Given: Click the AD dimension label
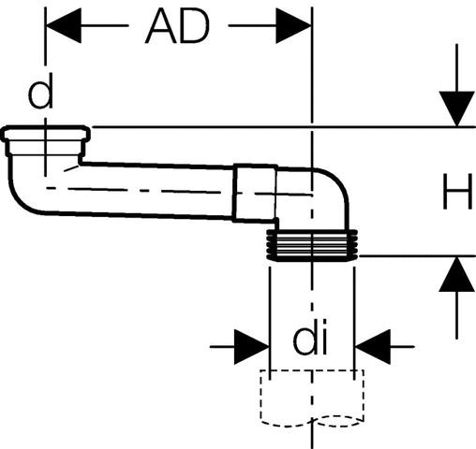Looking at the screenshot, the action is pos(177,26).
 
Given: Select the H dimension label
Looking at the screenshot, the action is pos(457,192).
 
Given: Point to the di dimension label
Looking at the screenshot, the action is pos(310,337).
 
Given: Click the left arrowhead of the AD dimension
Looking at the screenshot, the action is pos(64,25).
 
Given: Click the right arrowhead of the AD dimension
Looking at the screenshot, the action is pos(293,25).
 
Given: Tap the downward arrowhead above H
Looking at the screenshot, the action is pos(457,109).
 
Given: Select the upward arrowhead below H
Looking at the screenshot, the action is pos(457,274).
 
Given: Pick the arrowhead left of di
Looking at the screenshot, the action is pos(252,346).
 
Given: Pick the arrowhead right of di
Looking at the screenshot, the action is pos(373,346).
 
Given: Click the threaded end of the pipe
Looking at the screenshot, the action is pos(312,245).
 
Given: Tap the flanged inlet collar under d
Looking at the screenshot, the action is pos(46,140).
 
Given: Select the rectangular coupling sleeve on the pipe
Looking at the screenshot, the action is pos(255,193).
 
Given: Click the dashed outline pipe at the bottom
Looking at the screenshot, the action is pos(312,398).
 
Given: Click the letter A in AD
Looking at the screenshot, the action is pos(161,26).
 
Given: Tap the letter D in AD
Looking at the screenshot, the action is pos(195,26).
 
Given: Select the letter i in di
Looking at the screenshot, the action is pos(323,337).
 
